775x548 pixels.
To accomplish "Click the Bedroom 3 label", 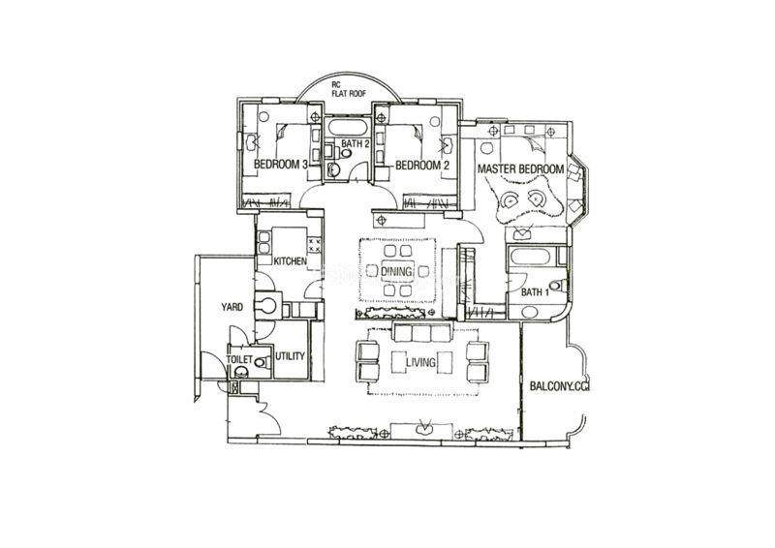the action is click(280, 165).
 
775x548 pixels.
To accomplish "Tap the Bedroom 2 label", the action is click(422, 166).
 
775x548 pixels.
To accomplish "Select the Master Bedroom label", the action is click(520, 169).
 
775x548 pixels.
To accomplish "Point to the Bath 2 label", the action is click(356, 144).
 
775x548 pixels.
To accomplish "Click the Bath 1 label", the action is click(536, 292).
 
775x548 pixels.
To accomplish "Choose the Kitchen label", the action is click(290, 261).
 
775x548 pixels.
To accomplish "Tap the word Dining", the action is click(396, 271).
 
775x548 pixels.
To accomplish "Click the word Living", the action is click(420, 362).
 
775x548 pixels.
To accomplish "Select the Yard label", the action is click(232, 307).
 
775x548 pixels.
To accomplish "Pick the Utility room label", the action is click(290, 356).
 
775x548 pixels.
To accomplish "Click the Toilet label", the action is click(239, 359).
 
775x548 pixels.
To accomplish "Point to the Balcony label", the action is click(560, 386).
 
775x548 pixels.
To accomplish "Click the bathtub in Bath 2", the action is click(349, 127).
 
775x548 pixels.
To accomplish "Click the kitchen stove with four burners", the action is click(315, 244).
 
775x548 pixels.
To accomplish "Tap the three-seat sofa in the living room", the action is click(420, 332).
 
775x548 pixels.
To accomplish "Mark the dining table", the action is click(396, 271).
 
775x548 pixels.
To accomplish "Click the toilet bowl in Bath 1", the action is click(559, 286).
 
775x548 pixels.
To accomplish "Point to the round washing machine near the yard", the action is click(268, 305).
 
